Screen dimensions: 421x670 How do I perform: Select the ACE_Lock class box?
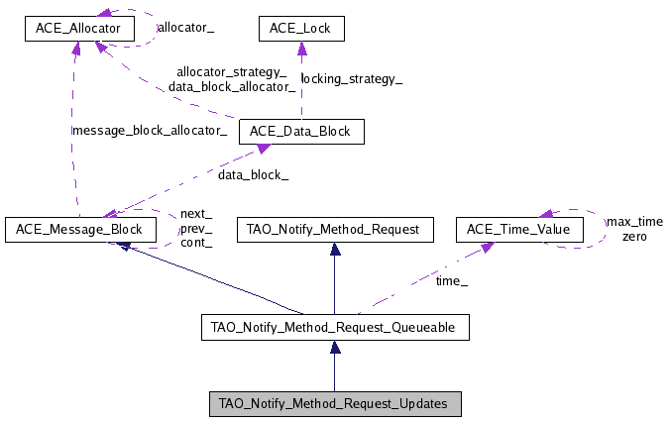pos(300,30)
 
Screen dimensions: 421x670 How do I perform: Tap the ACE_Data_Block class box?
pos(301,131)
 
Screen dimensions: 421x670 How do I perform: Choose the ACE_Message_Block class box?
pos(79,230)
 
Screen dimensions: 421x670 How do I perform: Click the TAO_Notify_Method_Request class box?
pos(334,230)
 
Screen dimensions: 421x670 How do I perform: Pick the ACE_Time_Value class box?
pos(518,230)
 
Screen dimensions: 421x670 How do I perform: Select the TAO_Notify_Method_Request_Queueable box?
pos(334,326)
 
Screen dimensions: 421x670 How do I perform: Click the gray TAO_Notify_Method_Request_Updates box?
pos(334,403)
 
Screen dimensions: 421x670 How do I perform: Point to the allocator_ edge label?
pos(185,29)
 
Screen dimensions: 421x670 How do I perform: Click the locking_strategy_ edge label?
pos(352,79)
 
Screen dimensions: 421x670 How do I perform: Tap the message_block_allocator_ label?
pos(149,131)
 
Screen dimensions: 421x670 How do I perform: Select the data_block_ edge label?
pos(254,174)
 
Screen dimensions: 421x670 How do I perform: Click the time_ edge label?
pos(452,282)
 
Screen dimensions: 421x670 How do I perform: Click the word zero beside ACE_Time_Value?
pos(634,237)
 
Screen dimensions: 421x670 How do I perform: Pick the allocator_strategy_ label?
pos(231,72)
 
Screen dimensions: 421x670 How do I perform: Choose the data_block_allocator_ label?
pos(232,86)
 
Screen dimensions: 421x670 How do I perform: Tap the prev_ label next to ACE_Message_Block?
pos(195,229)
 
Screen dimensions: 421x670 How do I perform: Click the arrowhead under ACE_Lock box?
pos(300,49)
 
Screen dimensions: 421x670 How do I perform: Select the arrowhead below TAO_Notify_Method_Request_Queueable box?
pos(335,348)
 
